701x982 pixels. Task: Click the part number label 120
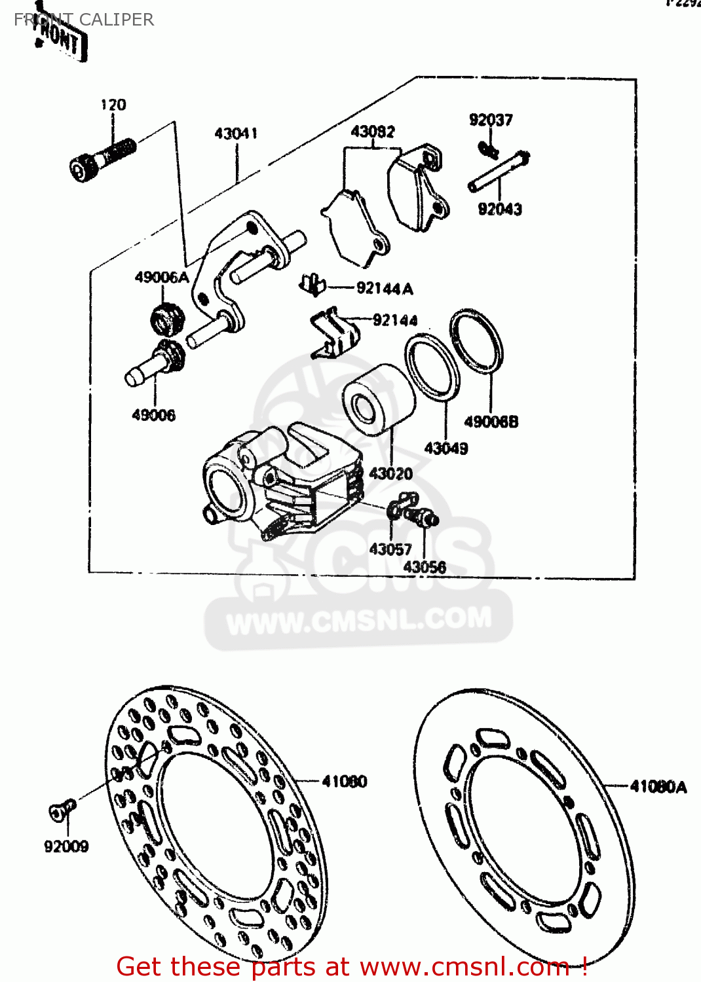tap(113, 105)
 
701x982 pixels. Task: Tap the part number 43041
tap(236, 134)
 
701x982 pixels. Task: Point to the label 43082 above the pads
tap(373, 132)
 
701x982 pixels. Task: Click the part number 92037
tap(491, 120)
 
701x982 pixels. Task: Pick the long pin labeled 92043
tap(498, 172)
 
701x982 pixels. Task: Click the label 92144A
tap(385, 288)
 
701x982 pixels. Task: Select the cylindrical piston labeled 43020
tap(378, 401)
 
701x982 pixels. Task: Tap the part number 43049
tap(446, 448)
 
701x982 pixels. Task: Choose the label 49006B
tap(491, 422)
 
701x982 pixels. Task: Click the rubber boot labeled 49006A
tap(167, 318)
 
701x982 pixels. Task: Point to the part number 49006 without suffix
tap(154, 415)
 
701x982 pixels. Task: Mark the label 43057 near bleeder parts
tap(390, 549)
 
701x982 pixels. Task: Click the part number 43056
tap(425, 567)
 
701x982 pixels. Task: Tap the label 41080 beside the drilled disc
tap(345, 781)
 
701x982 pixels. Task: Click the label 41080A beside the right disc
tap(658, 787)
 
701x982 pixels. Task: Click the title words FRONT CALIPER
tap(84, 20)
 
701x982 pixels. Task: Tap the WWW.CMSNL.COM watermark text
tap(359, 620)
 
